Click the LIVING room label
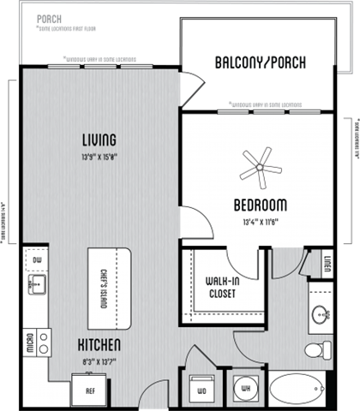click(99, 139)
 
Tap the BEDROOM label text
click(260, 205)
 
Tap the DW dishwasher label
click(37, 260)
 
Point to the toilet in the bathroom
click(322, 349)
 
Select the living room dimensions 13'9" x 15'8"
click(99, 156)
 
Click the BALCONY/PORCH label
click(257, 63)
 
